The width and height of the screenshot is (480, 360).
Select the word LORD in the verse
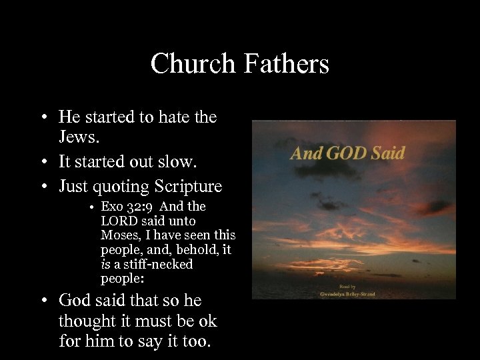pyautogui.click(x=117, y=221)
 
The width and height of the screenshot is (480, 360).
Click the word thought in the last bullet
pyautogui.click(x=84, y=321)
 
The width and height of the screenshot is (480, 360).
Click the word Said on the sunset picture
pyautogui.click(x=388, y=153)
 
